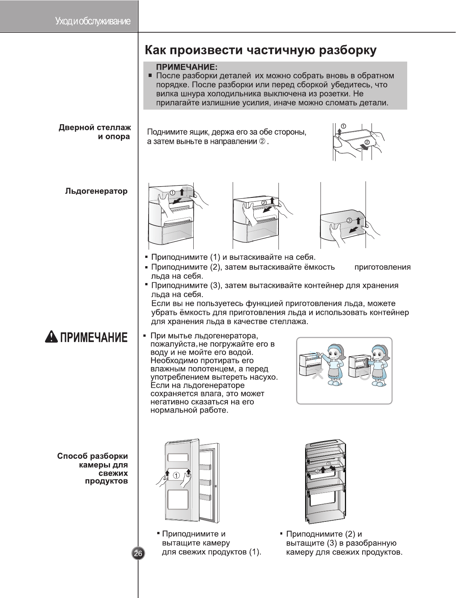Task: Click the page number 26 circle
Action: point(138,553)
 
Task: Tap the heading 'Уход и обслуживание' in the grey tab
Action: point(93,21)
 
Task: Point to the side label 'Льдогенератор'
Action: point(96,191)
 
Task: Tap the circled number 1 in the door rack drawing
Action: point(343,125)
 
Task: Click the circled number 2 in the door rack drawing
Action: point(367,142)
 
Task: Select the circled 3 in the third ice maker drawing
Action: point(349,220)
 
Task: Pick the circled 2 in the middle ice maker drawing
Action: point(264,202)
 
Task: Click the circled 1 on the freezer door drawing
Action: point(176,476)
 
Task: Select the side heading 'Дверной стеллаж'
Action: point(95,128)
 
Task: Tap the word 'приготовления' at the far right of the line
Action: point(382,267)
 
